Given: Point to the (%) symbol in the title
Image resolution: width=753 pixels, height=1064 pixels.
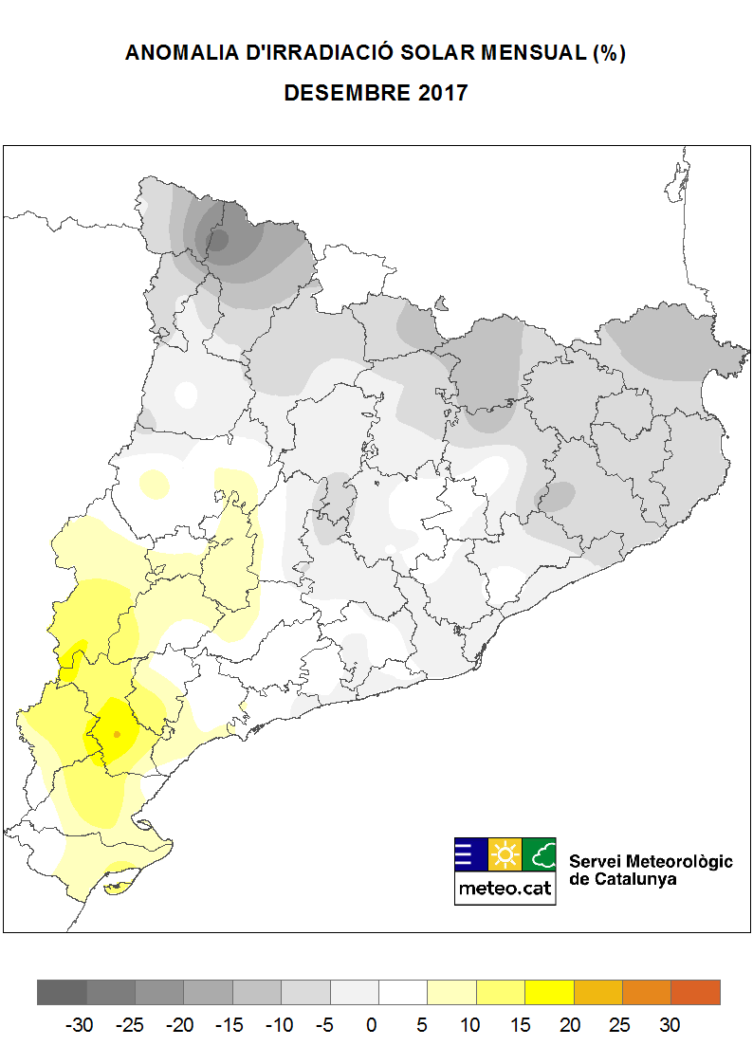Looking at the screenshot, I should point(609,53).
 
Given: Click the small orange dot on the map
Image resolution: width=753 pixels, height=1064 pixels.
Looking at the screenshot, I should point(117,734).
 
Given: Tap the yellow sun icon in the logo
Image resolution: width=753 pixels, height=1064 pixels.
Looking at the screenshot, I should point(505,855).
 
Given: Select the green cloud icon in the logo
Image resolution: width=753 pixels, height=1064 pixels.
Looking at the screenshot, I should point(540,855).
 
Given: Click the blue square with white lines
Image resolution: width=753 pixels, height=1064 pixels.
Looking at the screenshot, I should point(471,855).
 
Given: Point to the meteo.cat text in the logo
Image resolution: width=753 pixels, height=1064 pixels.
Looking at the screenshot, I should point(505,889).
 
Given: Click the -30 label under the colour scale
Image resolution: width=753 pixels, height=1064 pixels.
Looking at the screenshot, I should point(79,1025).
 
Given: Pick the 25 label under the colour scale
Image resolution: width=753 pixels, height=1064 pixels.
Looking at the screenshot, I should point(621,1025).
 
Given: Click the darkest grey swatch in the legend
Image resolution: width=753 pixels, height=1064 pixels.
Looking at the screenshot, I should point(62,992).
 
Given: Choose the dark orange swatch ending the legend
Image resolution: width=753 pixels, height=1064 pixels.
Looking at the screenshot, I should point(695,992).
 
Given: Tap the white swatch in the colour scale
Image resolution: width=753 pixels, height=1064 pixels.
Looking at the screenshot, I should point(403,992).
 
